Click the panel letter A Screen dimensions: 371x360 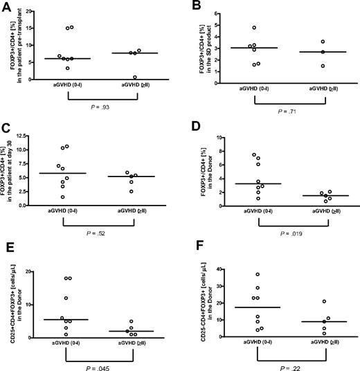[x=6, y=7]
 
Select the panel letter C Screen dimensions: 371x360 [x=6, y=129]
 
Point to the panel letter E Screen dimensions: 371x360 [x=6, y=252]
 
